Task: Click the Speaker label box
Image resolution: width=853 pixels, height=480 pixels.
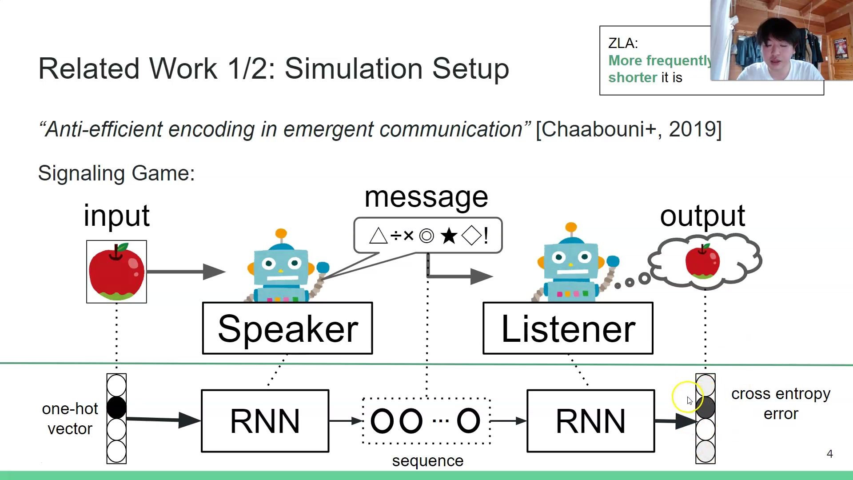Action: [287, 328]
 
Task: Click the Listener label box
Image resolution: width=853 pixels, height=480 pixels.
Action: [568, 328]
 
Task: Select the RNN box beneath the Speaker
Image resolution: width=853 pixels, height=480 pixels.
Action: [265, 421]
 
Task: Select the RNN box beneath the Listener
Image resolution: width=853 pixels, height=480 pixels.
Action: [590, 421]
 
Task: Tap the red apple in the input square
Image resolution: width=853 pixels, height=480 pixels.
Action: [116, 272]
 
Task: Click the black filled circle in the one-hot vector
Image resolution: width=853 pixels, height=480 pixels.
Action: [116, 408]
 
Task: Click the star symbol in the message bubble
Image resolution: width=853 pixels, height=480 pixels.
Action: [449, 236]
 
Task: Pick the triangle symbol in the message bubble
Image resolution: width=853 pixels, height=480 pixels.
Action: [378, 236]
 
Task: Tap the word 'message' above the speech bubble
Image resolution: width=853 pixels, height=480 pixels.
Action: [426, 197]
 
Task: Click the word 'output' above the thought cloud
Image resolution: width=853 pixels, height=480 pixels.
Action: [702, 216]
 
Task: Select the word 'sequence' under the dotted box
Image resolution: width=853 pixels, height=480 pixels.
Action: [427, 461]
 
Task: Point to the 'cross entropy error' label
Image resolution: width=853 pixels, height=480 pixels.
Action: [781, 404]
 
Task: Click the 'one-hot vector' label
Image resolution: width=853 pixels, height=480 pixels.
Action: [70, 419]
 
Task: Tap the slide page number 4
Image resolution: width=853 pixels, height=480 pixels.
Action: [829, 454]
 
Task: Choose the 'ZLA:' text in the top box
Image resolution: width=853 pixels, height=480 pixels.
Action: [623, 43]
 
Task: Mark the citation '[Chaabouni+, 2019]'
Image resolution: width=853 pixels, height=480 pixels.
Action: [629, 129]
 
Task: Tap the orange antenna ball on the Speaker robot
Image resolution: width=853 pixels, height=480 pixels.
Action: [281, 233]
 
